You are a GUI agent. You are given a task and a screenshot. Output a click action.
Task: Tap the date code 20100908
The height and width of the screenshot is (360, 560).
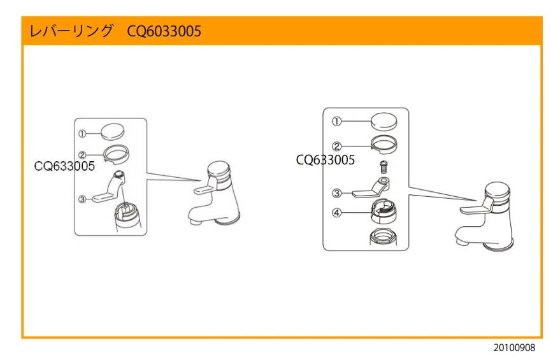click(513, 348)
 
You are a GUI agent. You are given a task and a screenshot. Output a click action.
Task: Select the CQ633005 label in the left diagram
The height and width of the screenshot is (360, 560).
click(64, 166)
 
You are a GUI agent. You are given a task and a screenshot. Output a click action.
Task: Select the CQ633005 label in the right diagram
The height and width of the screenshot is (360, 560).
click(325, 160)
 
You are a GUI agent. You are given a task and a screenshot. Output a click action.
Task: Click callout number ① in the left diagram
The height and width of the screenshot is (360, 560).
click(82, 134)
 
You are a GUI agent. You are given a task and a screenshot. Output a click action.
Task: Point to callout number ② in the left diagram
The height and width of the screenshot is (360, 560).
click(82, 154)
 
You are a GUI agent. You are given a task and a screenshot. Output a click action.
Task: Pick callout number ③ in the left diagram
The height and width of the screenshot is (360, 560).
click(82, 199)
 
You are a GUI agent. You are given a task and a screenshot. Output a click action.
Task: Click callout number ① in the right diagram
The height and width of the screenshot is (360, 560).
click(337, 121)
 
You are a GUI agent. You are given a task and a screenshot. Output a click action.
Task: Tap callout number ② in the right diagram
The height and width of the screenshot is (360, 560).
click(337, 147)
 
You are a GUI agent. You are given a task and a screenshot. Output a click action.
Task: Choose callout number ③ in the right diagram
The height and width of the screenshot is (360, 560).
click(337, 192)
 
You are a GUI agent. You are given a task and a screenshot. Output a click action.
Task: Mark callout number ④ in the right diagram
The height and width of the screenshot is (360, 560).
click(337, 213)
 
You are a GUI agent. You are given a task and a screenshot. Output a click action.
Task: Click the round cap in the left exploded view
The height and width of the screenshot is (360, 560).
click(112, 131)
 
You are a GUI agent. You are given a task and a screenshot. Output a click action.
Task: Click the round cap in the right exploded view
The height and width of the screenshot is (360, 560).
click(385, 120)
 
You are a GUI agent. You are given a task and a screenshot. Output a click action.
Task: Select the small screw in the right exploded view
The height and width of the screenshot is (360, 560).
click(384, 167)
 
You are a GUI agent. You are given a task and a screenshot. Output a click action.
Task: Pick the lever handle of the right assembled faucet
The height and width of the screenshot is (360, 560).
click(471, 208)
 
